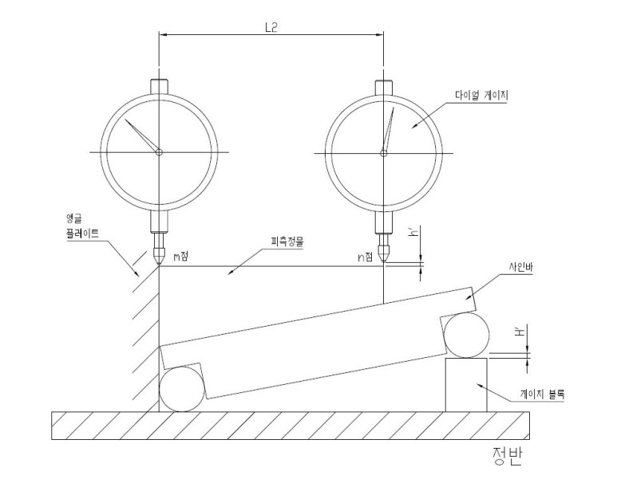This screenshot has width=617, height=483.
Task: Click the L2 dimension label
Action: coord(271,27)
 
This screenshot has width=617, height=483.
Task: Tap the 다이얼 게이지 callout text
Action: coord(481,95)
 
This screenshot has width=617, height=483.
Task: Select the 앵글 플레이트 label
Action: coord(82,226)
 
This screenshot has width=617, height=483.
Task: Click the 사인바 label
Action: coord(520,267)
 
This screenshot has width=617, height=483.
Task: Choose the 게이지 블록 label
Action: coord(542,394)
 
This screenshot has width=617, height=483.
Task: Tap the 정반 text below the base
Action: coord(507,456)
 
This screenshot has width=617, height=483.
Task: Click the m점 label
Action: coord(181,256)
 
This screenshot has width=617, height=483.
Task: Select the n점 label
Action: coord(365,257)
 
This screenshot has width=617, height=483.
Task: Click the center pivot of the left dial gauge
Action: coord(159,152)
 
